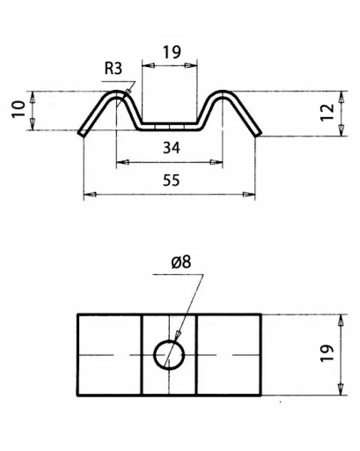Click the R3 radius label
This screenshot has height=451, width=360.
[114, 69]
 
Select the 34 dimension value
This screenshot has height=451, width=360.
[172, 147]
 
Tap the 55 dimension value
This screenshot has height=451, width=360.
[172, 181]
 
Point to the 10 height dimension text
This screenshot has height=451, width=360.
[18, 109]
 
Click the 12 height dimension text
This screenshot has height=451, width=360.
[327, 112]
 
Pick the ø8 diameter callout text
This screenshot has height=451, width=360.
[181, 262]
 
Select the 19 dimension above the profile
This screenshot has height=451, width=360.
[172, 52]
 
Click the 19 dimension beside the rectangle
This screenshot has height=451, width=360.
[327, 353]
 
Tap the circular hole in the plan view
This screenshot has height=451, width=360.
[169, 341]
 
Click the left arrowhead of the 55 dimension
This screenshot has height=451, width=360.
[90, 195]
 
